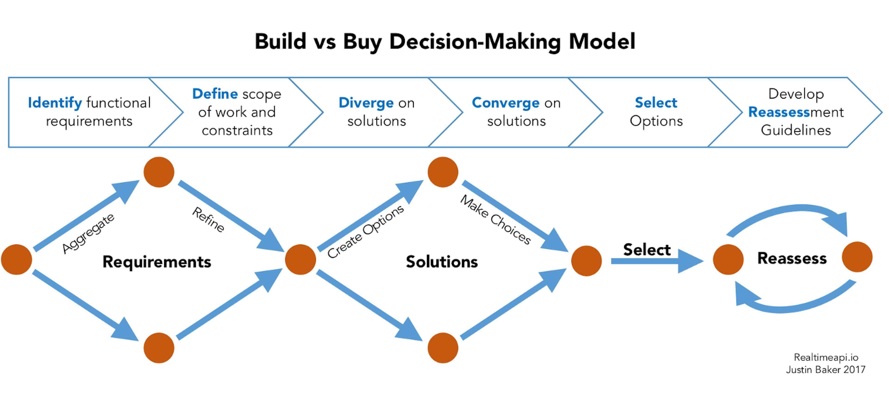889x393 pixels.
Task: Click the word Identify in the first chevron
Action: click(55, 103)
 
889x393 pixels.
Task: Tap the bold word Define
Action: click(215, 94)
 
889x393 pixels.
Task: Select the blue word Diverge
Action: click(366, 103)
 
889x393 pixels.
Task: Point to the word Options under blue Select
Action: click(656, 121)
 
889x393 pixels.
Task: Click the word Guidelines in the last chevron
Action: click(796, 130)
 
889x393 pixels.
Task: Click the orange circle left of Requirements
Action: click(17, 259)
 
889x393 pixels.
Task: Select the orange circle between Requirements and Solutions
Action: click(300, 259)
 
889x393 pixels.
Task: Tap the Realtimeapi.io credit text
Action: click(826, 357)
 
